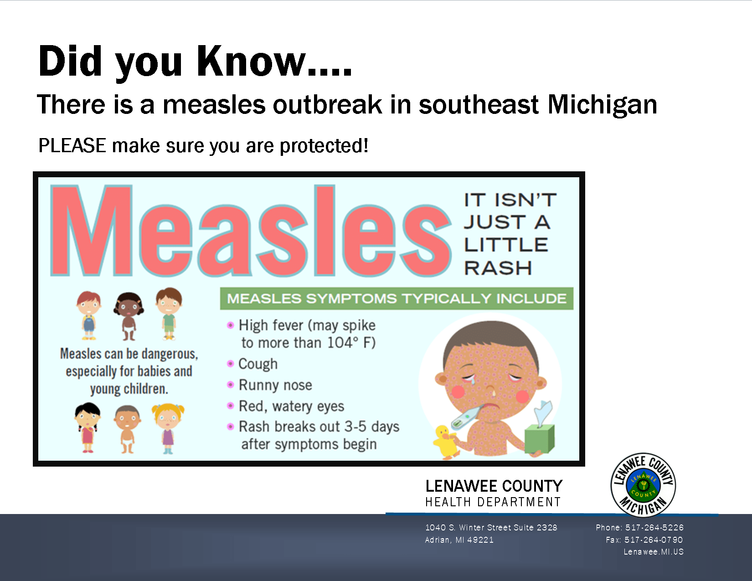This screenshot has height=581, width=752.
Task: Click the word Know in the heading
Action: coord(252,61)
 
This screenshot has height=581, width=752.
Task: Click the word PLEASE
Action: coord(72,146)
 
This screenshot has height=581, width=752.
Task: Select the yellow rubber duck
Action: coord(445,441)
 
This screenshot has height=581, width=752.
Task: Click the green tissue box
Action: coord(540,438)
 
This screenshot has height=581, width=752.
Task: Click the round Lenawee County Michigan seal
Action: coord(643,485)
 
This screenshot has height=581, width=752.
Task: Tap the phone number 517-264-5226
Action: coord(654,527)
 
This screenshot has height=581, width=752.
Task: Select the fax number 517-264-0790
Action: coord(654,540)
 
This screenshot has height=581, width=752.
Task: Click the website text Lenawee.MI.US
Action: coord(654,551)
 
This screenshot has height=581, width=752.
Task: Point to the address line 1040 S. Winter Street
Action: coord(491,527)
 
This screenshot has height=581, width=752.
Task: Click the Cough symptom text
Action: coord(258,364)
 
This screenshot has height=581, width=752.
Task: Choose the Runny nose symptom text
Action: coord(275,385)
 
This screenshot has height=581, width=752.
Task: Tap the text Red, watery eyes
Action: coord(291,406)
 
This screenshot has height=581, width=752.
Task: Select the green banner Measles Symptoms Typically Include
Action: coord(397,298)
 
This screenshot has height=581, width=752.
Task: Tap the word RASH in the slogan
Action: coord(498,268)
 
